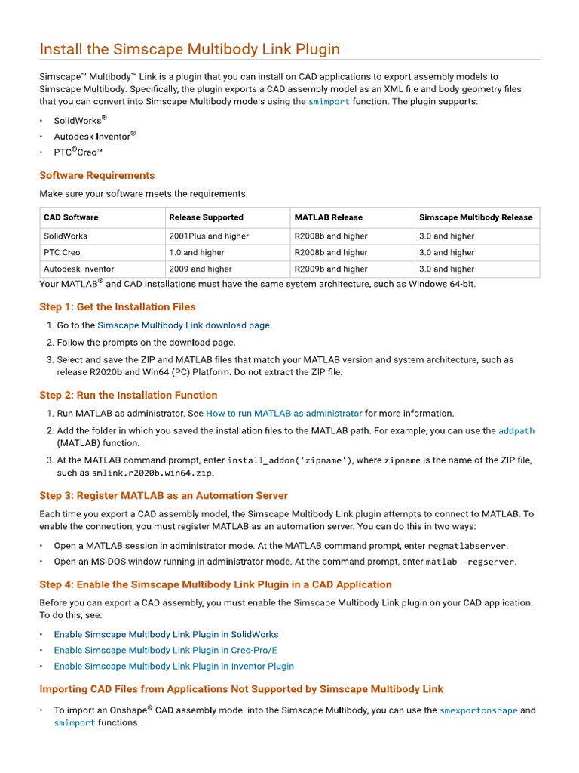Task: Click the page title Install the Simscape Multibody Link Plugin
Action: coord(189,50)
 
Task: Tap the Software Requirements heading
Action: coord(96,175)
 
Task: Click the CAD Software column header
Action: coord(71,217)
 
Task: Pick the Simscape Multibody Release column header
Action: coord(475,217)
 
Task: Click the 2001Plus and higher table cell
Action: coord(209,236)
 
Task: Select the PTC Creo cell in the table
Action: coord(62,253)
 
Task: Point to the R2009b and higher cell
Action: coord(331,269)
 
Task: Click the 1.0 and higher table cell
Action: coord(197,253)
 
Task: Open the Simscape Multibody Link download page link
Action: coord(183,325)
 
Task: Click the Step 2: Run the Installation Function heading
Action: coord(128,395)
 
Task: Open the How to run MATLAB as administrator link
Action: coord(283,414)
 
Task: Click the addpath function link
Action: coord(516,431)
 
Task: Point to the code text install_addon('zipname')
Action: coord(289,460)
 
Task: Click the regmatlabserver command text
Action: coord(467,546)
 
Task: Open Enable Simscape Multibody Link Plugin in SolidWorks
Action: coord(166,635)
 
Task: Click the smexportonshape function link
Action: coord(478,710)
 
